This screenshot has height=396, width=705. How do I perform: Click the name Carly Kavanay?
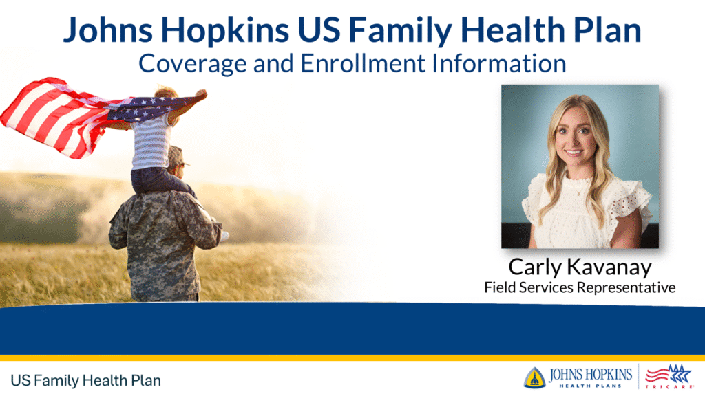point(580,267)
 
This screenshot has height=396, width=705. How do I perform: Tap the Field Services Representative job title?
point(580,287)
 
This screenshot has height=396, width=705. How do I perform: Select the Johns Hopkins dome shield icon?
point(534,377)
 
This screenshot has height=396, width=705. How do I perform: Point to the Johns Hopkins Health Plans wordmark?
point(591,377)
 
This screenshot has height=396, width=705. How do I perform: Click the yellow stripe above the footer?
point(352,357)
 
